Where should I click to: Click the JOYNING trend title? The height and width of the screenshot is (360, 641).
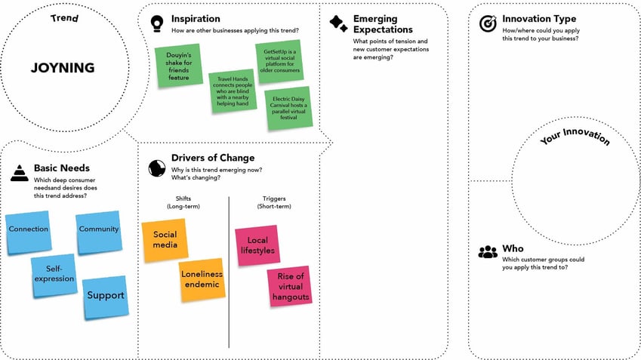(x=63, y=68)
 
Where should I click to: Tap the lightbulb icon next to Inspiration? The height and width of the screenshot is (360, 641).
(x=157, y=23)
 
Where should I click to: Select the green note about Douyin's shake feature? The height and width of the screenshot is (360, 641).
(x=179, y=66)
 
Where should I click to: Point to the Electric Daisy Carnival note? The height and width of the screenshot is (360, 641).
(x=288, y=108)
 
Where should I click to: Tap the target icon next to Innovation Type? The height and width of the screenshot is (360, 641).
(x=488, y=23)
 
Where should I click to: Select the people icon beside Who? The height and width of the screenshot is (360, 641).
(x=488, y=252)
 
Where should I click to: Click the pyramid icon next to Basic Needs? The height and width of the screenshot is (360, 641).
(x=19, y=173)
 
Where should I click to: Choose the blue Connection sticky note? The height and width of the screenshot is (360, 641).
(x=28, y=231)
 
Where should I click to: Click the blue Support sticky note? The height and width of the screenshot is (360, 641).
(x=105, y=296)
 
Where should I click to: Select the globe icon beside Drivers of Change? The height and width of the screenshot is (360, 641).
(x=157, y=167)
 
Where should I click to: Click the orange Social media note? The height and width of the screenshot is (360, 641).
(x=165, y=241)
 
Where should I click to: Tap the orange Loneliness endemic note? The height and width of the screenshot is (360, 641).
(x=202, y=280)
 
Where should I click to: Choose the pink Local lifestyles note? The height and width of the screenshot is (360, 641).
(x=257, y=246)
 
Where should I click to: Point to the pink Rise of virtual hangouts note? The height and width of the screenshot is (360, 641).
(x=290, y=288)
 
